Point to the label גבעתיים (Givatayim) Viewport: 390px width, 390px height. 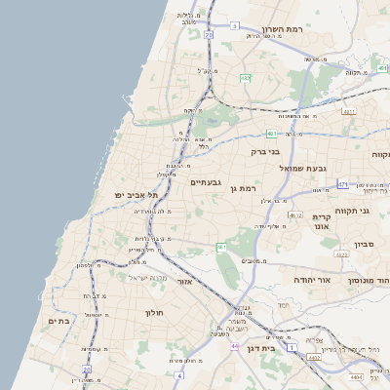207,181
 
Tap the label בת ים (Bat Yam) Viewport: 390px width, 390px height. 58,320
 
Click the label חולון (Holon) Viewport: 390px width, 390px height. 157,313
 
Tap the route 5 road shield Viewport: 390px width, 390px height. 235,26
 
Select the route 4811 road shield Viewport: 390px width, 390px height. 349,111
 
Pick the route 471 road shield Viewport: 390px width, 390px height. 342,183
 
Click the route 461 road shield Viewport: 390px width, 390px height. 221,247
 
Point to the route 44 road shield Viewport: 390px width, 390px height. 235,345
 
